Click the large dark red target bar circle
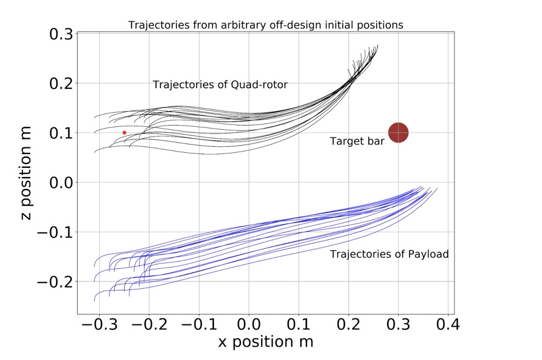click(x=398, y=133)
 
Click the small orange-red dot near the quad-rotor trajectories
click(x=124, y=132)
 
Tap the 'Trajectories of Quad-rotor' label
click(x=220, y=85)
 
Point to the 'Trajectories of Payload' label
click(x=389, y=254)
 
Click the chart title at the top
click(x=265, y=25)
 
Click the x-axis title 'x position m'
click(x=265, y=342)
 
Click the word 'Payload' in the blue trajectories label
click(x=428, y=254)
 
